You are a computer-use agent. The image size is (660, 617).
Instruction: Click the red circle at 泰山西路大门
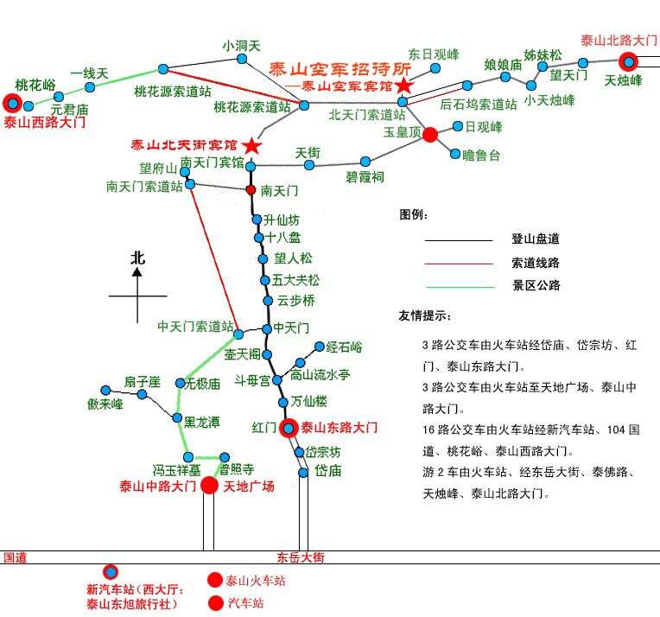click(12, 104)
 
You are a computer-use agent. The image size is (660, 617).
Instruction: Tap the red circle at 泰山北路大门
click(628, 60)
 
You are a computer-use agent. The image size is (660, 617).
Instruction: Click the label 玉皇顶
click(402, 133)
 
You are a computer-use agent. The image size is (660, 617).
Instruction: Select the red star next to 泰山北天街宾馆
click(251, 144)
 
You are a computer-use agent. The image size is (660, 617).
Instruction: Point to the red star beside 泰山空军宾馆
click(403, 86)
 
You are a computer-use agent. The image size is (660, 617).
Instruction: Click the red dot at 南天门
click(251, 189)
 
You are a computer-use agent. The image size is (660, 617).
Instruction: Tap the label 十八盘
click(282, 238)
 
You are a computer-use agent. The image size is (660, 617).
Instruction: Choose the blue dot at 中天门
click(264, 329)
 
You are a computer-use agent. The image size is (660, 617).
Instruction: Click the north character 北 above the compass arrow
click(137, 258)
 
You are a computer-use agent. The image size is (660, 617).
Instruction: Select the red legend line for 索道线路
click(458, 263)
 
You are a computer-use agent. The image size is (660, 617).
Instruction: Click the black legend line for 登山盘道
click(458, 240)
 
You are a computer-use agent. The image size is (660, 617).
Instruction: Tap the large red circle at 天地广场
click(209, 486)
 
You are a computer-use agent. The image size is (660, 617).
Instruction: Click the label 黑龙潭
click(201, 422)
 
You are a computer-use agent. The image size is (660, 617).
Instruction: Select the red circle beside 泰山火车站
click(214, 581)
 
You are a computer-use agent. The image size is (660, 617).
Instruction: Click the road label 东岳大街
click(300, 557)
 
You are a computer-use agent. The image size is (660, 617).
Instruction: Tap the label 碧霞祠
click(365, 176)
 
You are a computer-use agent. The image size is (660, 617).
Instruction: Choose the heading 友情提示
click(424, 315)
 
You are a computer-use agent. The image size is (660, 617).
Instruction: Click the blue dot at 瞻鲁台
click(455, 155)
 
